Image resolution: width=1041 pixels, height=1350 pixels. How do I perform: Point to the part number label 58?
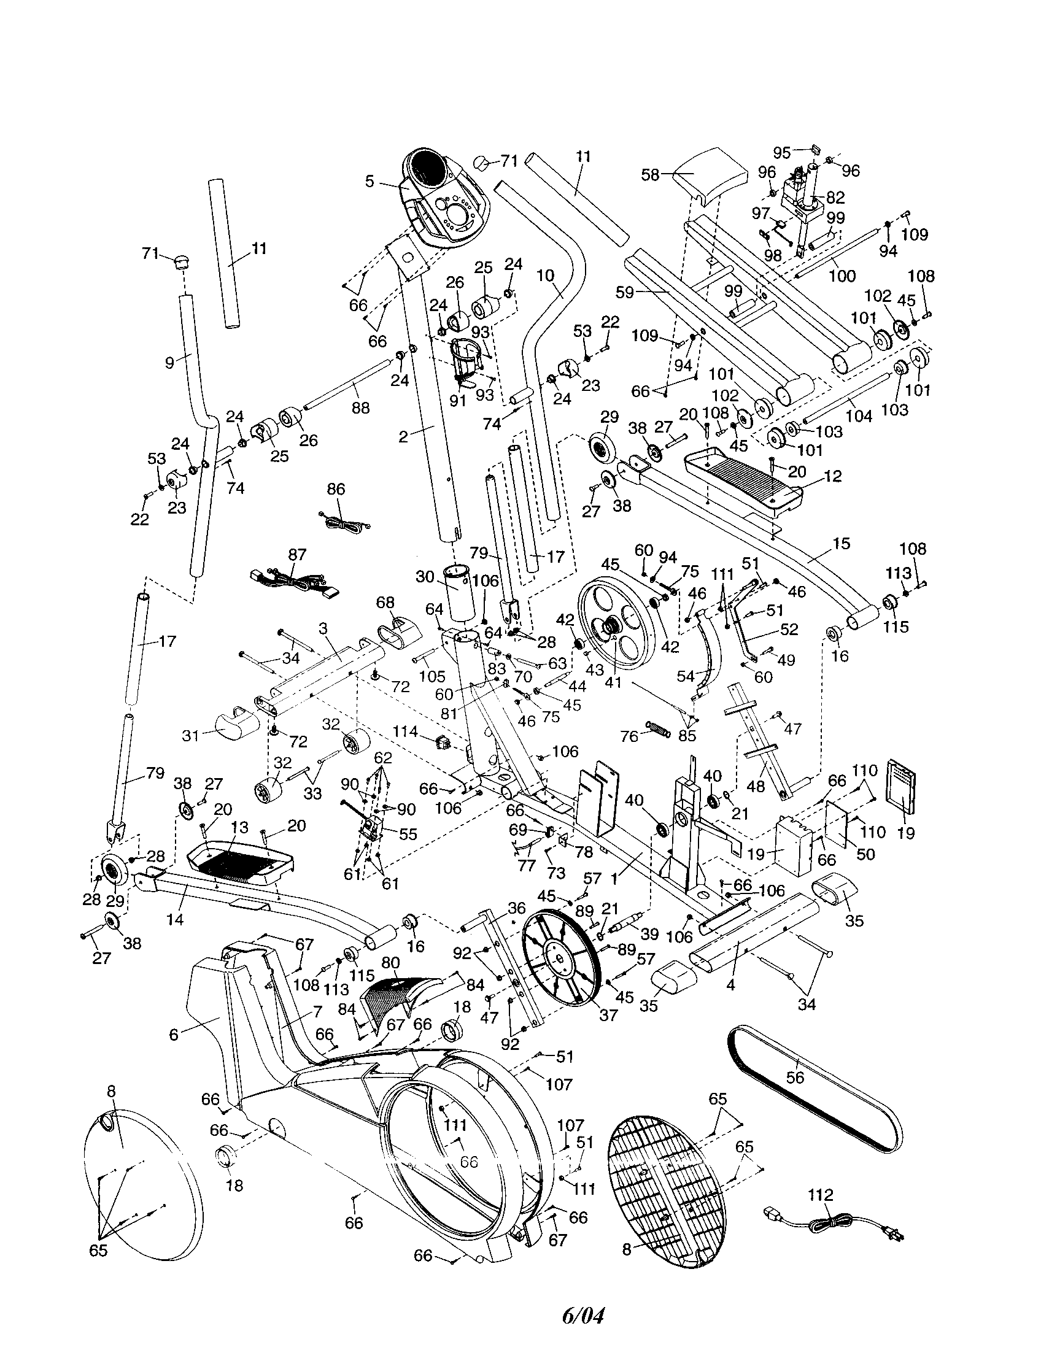(650, 175)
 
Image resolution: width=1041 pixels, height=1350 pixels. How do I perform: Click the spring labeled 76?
(658, 728)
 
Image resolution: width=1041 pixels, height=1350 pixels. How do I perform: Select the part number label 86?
(336, 490)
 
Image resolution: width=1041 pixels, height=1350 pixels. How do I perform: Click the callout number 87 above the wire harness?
(296, 554)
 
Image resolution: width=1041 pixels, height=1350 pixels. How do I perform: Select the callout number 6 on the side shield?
(174, 1034)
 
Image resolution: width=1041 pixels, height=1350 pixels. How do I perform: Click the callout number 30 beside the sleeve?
(425, 577)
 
